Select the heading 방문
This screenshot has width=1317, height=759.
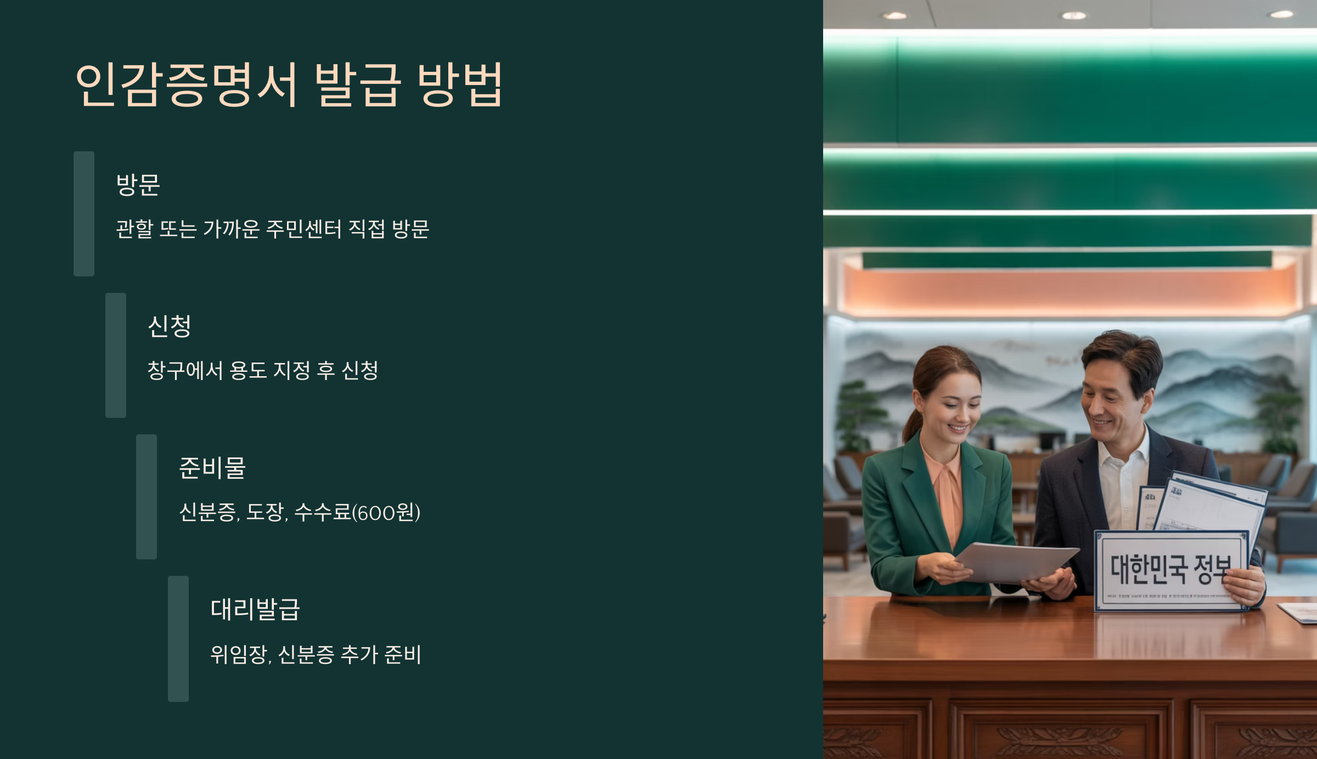point(138,184)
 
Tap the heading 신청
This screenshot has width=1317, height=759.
point(169,326)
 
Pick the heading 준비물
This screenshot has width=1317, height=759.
point(212,467)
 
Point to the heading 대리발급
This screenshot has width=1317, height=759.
point(255,609)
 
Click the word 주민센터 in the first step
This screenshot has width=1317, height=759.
point(303,229)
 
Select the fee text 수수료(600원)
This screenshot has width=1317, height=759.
point(357,512)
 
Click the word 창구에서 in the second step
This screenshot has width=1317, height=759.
point(185,370)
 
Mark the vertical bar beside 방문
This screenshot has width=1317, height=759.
point(84,214)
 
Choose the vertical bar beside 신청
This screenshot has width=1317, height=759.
point(116,355)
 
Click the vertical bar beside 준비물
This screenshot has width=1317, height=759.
point(147,497)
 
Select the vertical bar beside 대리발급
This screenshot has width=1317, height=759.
point(178,638)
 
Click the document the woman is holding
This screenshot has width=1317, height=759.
point(1015,562)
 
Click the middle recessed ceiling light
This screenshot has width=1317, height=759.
point(1074,15)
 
